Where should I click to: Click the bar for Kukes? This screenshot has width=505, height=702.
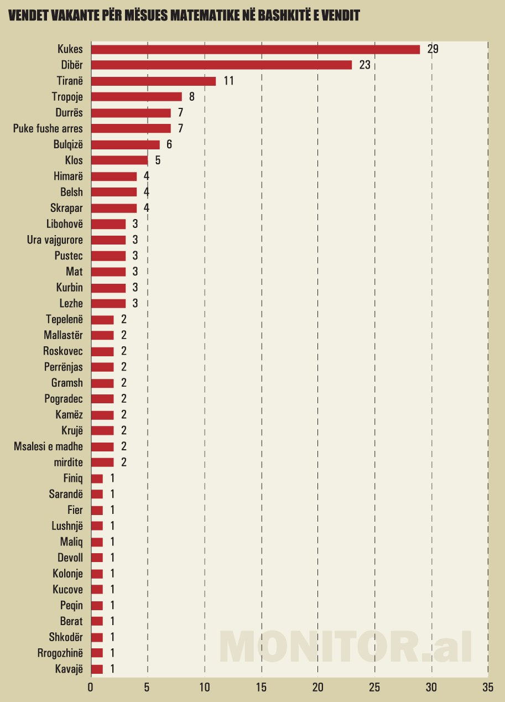(255, 49)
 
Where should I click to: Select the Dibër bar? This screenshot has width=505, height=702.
(221, 65)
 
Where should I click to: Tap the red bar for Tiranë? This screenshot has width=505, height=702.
(153, 81)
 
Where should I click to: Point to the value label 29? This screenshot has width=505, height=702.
(433, 49)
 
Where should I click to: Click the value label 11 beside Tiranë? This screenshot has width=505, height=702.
(229, 81)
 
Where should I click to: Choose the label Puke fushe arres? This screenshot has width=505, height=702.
(48, 129)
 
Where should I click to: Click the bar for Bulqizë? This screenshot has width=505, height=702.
(125, 144)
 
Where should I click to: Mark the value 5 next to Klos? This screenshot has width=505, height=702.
(158, 160)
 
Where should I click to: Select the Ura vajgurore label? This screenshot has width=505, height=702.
(55, 240)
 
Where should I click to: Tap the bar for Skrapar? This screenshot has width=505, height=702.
(113, 208)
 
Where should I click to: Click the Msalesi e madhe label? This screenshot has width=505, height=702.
(48, 446)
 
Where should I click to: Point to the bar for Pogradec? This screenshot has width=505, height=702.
(102, 399)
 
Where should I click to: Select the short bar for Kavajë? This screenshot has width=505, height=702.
(97, 669)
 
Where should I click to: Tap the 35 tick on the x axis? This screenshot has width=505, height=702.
(487, 688)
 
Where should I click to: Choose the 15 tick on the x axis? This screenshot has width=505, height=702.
(261, 688)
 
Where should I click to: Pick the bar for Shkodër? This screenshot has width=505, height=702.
(97, 637)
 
